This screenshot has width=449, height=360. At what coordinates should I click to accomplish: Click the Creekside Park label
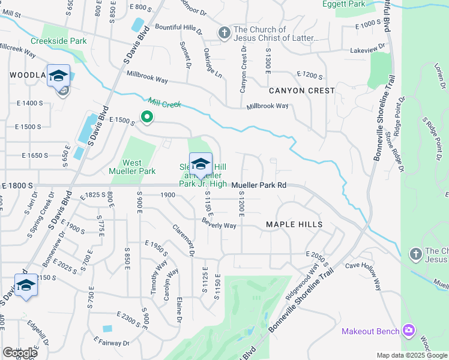tap(60, 41)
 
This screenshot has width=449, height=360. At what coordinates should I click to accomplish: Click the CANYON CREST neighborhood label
tap(301, 91)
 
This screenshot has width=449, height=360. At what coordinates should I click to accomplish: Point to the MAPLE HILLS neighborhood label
tap(294, 224)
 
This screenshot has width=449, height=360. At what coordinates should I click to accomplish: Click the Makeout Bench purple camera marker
tap(409, 330)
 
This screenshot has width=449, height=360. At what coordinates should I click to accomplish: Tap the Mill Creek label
tap(164, 104)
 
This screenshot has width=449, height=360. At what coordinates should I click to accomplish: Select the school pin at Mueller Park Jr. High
tap(200, 164)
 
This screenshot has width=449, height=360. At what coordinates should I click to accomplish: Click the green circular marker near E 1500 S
tap(146, 117)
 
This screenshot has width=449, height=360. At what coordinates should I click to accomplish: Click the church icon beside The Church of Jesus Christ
tap(224, 33)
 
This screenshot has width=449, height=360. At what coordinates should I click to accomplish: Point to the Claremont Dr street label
tap(184, 241)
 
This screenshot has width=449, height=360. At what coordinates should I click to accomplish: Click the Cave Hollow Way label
tap(363, 276)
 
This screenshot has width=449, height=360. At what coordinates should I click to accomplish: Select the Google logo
tap(20, 353)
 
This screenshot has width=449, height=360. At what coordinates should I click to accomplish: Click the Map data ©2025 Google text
tap(411, 355)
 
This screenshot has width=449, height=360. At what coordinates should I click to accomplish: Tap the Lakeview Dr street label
tap(366, 51)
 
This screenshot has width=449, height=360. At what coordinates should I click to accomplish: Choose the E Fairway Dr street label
tap(111, 343)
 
